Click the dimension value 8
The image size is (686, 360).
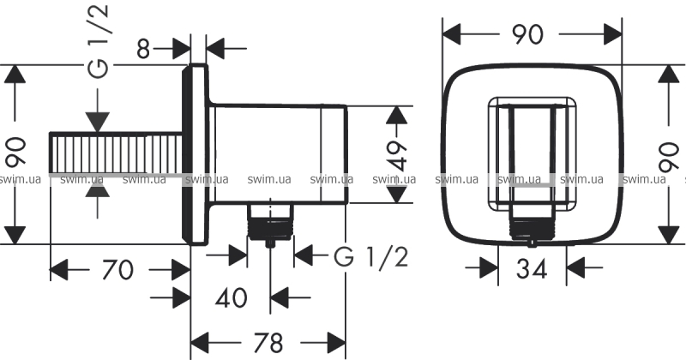pos(143,49)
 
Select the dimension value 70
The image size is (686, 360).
pos(117,269)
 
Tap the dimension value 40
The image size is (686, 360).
pos(231,298)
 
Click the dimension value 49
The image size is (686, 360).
pos(397,156)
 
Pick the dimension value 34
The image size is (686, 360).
pos(532,268)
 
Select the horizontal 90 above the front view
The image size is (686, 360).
pos(527,34)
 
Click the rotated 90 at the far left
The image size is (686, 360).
pos(17,153)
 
